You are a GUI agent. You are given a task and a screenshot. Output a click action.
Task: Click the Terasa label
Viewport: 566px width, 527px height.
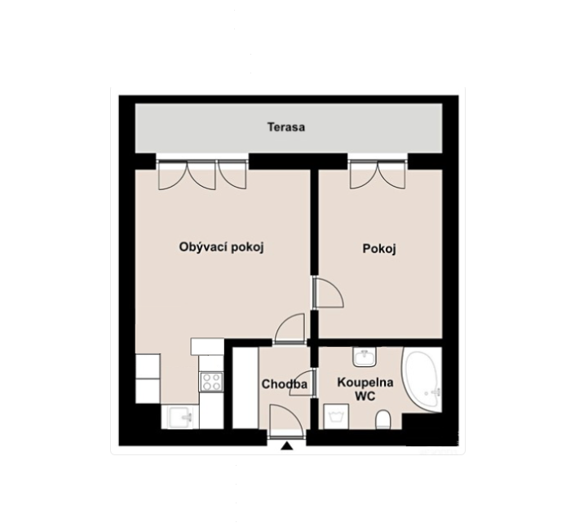coord(286,127)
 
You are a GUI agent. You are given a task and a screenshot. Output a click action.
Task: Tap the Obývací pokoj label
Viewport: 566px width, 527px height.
coord(221,247)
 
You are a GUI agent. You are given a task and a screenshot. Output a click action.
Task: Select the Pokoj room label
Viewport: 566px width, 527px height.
coord(379,249)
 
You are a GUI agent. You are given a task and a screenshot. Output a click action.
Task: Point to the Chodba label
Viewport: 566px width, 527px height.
coord(285,384)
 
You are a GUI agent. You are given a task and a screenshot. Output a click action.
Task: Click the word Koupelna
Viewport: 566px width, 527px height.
coord(365,383)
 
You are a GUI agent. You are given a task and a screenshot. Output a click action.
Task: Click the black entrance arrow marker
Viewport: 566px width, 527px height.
coord(287,446)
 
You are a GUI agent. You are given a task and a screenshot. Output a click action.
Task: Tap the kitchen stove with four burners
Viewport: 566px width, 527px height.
coord(211,382)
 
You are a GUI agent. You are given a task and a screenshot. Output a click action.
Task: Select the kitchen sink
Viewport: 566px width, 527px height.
coord(180,417)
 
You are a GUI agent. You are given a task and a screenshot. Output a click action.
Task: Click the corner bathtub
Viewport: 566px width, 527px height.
coord(422,380)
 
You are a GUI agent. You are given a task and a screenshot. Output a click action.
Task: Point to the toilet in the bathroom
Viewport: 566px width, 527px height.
coord(382,420)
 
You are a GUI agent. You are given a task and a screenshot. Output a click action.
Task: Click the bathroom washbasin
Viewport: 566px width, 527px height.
coord(365,357)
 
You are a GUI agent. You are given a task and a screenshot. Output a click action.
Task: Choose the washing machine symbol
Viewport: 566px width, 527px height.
coord(336,417)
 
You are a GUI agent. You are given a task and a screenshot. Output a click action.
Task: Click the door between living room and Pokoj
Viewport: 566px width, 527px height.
coord(328,292)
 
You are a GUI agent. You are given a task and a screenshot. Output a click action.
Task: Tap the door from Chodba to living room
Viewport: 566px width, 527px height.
coord(290,328)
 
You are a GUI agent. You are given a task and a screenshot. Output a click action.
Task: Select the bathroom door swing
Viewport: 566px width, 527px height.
coord(303,383)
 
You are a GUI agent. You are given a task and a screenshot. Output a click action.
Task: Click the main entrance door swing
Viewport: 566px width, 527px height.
coord(286,421)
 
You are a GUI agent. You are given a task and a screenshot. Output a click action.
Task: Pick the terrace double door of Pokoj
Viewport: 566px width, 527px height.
coord(378,175)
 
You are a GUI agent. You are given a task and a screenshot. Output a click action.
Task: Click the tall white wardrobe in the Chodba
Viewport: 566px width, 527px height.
coord(245,388)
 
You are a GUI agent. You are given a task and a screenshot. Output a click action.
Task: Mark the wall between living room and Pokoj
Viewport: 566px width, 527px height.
coord(315,222)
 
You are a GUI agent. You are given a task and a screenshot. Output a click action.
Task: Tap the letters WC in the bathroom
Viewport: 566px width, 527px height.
coord(365,396)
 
